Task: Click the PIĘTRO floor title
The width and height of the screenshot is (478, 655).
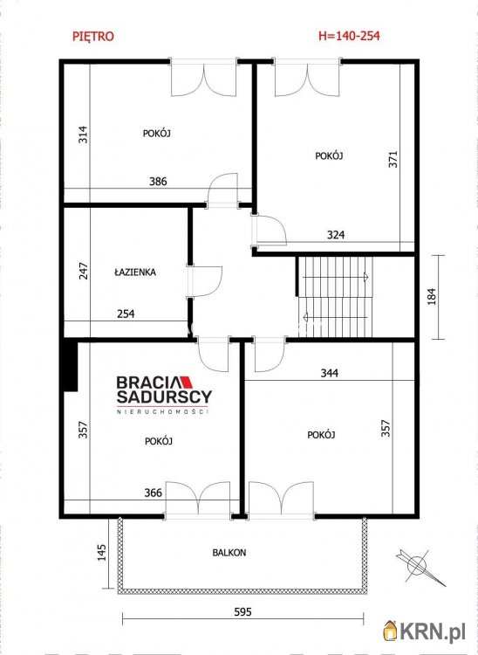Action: point(93,37)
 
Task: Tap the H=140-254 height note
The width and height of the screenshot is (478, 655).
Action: point(349,36)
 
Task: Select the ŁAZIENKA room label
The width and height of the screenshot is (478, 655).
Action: point(134,272)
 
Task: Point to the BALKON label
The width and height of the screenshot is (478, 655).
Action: point(229,552)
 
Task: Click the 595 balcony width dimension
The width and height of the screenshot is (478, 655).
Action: point(242,612)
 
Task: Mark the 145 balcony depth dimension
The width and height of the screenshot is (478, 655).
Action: point(101,552)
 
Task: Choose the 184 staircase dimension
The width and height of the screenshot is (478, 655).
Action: point(431,296)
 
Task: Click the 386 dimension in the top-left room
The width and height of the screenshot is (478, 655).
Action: point(158,182)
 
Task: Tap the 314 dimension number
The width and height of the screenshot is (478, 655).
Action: point(84,134)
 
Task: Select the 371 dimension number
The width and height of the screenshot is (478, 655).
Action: point(393,159)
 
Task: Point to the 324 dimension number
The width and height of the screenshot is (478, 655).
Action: point(336,235)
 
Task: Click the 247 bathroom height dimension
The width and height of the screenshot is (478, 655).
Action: point(84,271)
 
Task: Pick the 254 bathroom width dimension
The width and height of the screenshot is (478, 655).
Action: point(126,314)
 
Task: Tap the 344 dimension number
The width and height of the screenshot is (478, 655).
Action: point(329,373)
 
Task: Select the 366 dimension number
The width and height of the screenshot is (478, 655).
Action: point(153,493)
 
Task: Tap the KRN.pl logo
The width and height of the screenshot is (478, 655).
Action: point(424,632)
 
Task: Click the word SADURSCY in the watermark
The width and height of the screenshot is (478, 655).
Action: point(164,396)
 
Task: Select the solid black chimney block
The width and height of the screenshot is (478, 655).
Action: point(70,366)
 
